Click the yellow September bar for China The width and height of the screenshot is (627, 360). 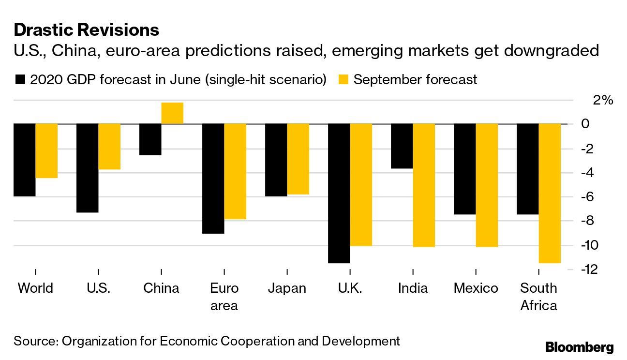point(172,113)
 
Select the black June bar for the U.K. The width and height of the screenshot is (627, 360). point(339,193)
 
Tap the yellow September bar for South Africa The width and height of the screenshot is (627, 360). point(550,193)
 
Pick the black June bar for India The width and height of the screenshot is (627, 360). point(402,146)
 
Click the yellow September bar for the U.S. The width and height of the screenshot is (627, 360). point(109,147)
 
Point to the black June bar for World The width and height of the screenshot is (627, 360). point(24,160)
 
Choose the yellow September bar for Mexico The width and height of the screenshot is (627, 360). point(487,185)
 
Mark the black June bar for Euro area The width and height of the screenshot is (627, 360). point(213,179)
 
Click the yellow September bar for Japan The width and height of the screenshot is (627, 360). point(298,159)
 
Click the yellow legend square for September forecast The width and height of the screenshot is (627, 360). point(343,79)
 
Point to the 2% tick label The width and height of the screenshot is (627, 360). point(603,100)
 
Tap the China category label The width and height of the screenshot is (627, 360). point(161,288)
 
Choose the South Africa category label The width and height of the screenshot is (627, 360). point(538,297)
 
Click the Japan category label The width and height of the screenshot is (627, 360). point(287,288)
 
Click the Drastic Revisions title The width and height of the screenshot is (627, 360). point(87,30)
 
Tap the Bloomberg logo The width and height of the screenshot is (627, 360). point(579,347)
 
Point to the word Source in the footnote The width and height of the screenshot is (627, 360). point(34,341)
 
